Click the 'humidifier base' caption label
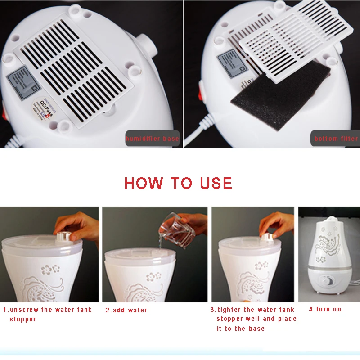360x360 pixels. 152,139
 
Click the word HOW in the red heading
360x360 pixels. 144,183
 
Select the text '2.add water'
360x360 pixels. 126,310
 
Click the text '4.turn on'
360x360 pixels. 325,310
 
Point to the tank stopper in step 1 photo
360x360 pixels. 64,234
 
